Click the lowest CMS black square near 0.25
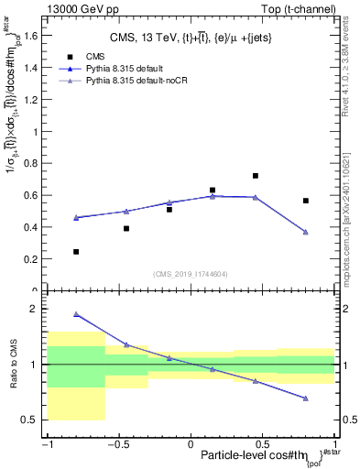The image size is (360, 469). pos(76,251)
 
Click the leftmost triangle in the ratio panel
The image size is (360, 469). pos(76,313)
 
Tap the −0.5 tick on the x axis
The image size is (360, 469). pos(118,443)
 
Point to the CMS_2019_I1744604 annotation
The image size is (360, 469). pos(191,274)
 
